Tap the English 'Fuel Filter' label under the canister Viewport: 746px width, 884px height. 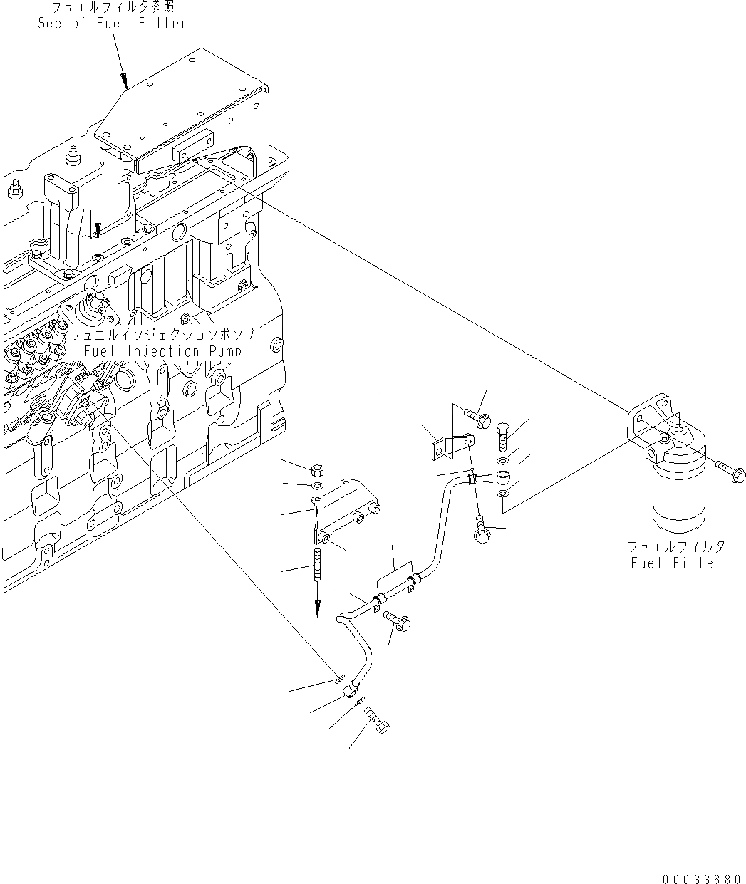click(675, 563)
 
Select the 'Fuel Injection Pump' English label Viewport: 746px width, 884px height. click(162, 351)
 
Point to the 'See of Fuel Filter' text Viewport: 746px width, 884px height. click(112, 23)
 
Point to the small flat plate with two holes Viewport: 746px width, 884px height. click(437, 447)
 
